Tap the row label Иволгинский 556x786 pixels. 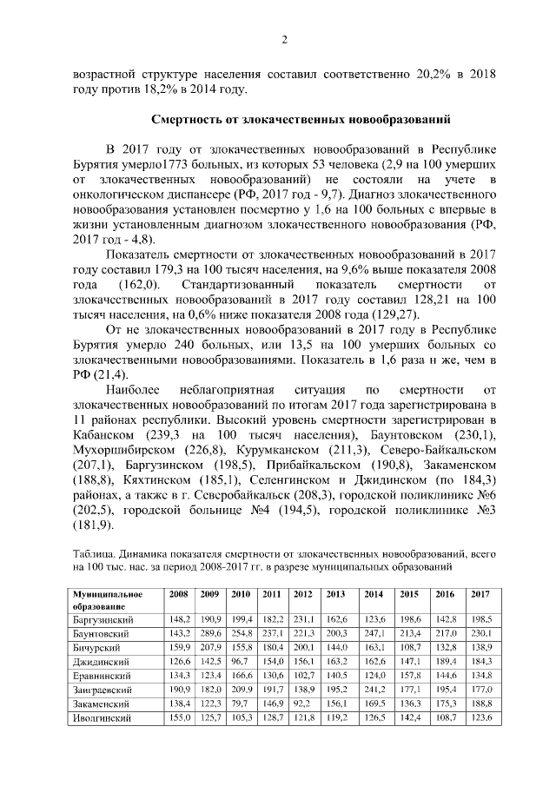pos(102,720)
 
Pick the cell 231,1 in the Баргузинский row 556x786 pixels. pos(303,619)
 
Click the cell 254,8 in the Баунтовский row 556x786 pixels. pos(241,634)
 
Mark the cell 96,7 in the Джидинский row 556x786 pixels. pos(239,663)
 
